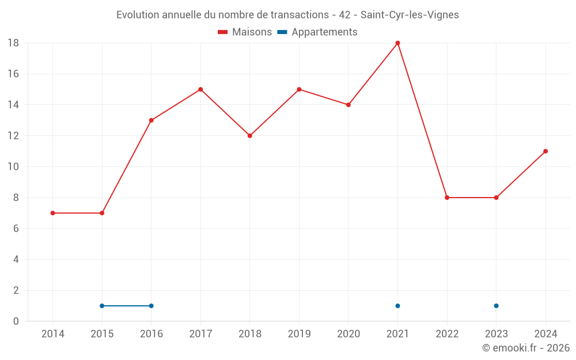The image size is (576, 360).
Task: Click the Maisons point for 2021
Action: pyautogui.click(x=397, y=43)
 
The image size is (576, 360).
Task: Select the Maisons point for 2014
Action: pyautogui.click(x=52, y=213)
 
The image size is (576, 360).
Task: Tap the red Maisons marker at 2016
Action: pyautogui.click(x=151, y=120)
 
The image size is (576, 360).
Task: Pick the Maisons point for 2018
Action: pyautogui.click(x=249, y=136)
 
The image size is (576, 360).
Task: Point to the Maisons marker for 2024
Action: pyautogui.click(x=545, y=151)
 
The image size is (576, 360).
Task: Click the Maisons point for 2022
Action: pyautogui.click(x=447, y=198)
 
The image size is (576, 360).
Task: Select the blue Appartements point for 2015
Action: pyautogui.click(x=102, y=306)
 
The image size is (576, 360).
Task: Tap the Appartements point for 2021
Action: pyautogui.click(x=397, y=306)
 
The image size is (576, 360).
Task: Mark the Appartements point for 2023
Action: pyautogui.click(x=496, y=306)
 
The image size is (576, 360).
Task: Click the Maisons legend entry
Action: pyautogui.click(x=245, y=32)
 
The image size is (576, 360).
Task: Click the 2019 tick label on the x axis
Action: pyautogui.click(x=299, y=334)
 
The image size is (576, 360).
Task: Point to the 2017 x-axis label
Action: pyautogui.click(x=200, y=334)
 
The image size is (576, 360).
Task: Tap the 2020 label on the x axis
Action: pyautogui.click(x=348, y=334)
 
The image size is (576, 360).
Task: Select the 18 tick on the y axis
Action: pyautogui.click(x=13, y=43)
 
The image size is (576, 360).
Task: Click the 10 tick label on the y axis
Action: pyautogui.click(x=13, y=167)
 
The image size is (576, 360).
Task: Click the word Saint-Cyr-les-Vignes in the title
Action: pyautogui.click(x=410, y=15)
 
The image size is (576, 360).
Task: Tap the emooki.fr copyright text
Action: pyautogui.click(x=526, y=348)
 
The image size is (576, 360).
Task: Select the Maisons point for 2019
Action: pyautogui.click(x=299, y=89)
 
